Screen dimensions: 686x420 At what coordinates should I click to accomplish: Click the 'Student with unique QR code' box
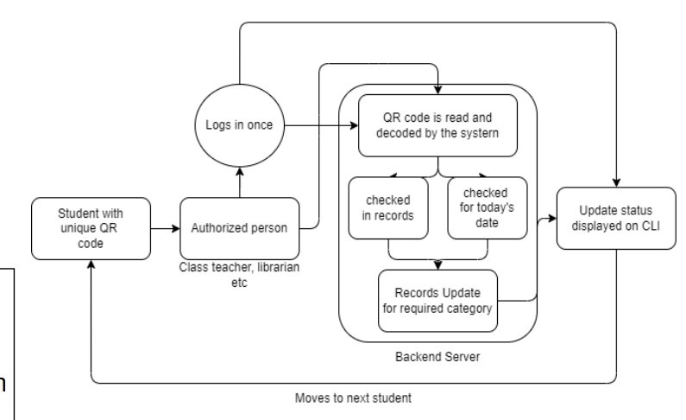coord(91,228)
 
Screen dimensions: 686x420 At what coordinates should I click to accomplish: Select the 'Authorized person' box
coord(240,228)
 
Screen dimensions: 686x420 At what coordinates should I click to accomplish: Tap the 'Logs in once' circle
coord(239,125)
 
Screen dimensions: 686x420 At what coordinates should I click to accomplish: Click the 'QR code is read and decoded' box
coord(437,125)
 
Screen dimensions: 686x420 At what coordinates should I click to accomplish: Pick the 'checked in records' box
coord(388,208)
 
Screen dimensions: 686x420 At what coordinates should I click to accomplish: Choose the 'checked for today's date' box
coord(488,208)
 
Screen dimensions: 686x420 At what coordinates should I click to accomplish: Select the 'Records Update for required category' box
coord(437,301)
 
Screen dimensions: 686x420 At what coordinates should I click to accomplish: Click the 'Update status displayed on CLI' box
coord(616,218)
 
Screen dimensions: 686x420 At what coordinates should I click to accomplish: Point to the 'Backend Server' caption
coord(437,357)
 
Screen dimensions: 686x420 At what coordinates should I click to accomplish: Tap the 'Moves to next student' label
coord(353,398)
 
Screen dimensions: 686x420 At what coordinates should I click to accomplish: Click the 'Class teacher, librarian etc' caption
coord(239,275)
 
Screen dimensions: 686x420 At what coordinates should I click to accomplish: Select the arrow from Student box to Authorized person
coord(166,228)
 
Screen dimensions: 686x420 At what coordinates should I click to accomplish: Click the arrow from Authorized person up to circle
coord(240,182)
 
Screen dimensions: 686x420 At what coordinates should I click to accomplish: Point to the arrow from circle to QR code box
coord(321,125)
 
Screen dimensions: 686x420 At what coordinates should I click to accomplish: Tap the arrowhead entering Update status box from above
coord(616,182)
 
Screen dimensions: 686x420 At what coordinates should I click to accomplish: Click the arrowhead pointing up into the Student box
coord(91,264)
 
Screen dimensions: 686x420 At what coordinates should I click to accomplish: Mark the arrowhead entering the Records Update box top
coord(438,265)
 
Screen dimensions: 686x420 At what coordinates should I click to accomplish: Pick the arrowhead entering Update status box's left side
coord(552,218)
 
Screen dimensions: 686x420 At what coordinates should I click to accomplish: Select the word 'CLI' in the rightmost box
coord(651,226)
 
